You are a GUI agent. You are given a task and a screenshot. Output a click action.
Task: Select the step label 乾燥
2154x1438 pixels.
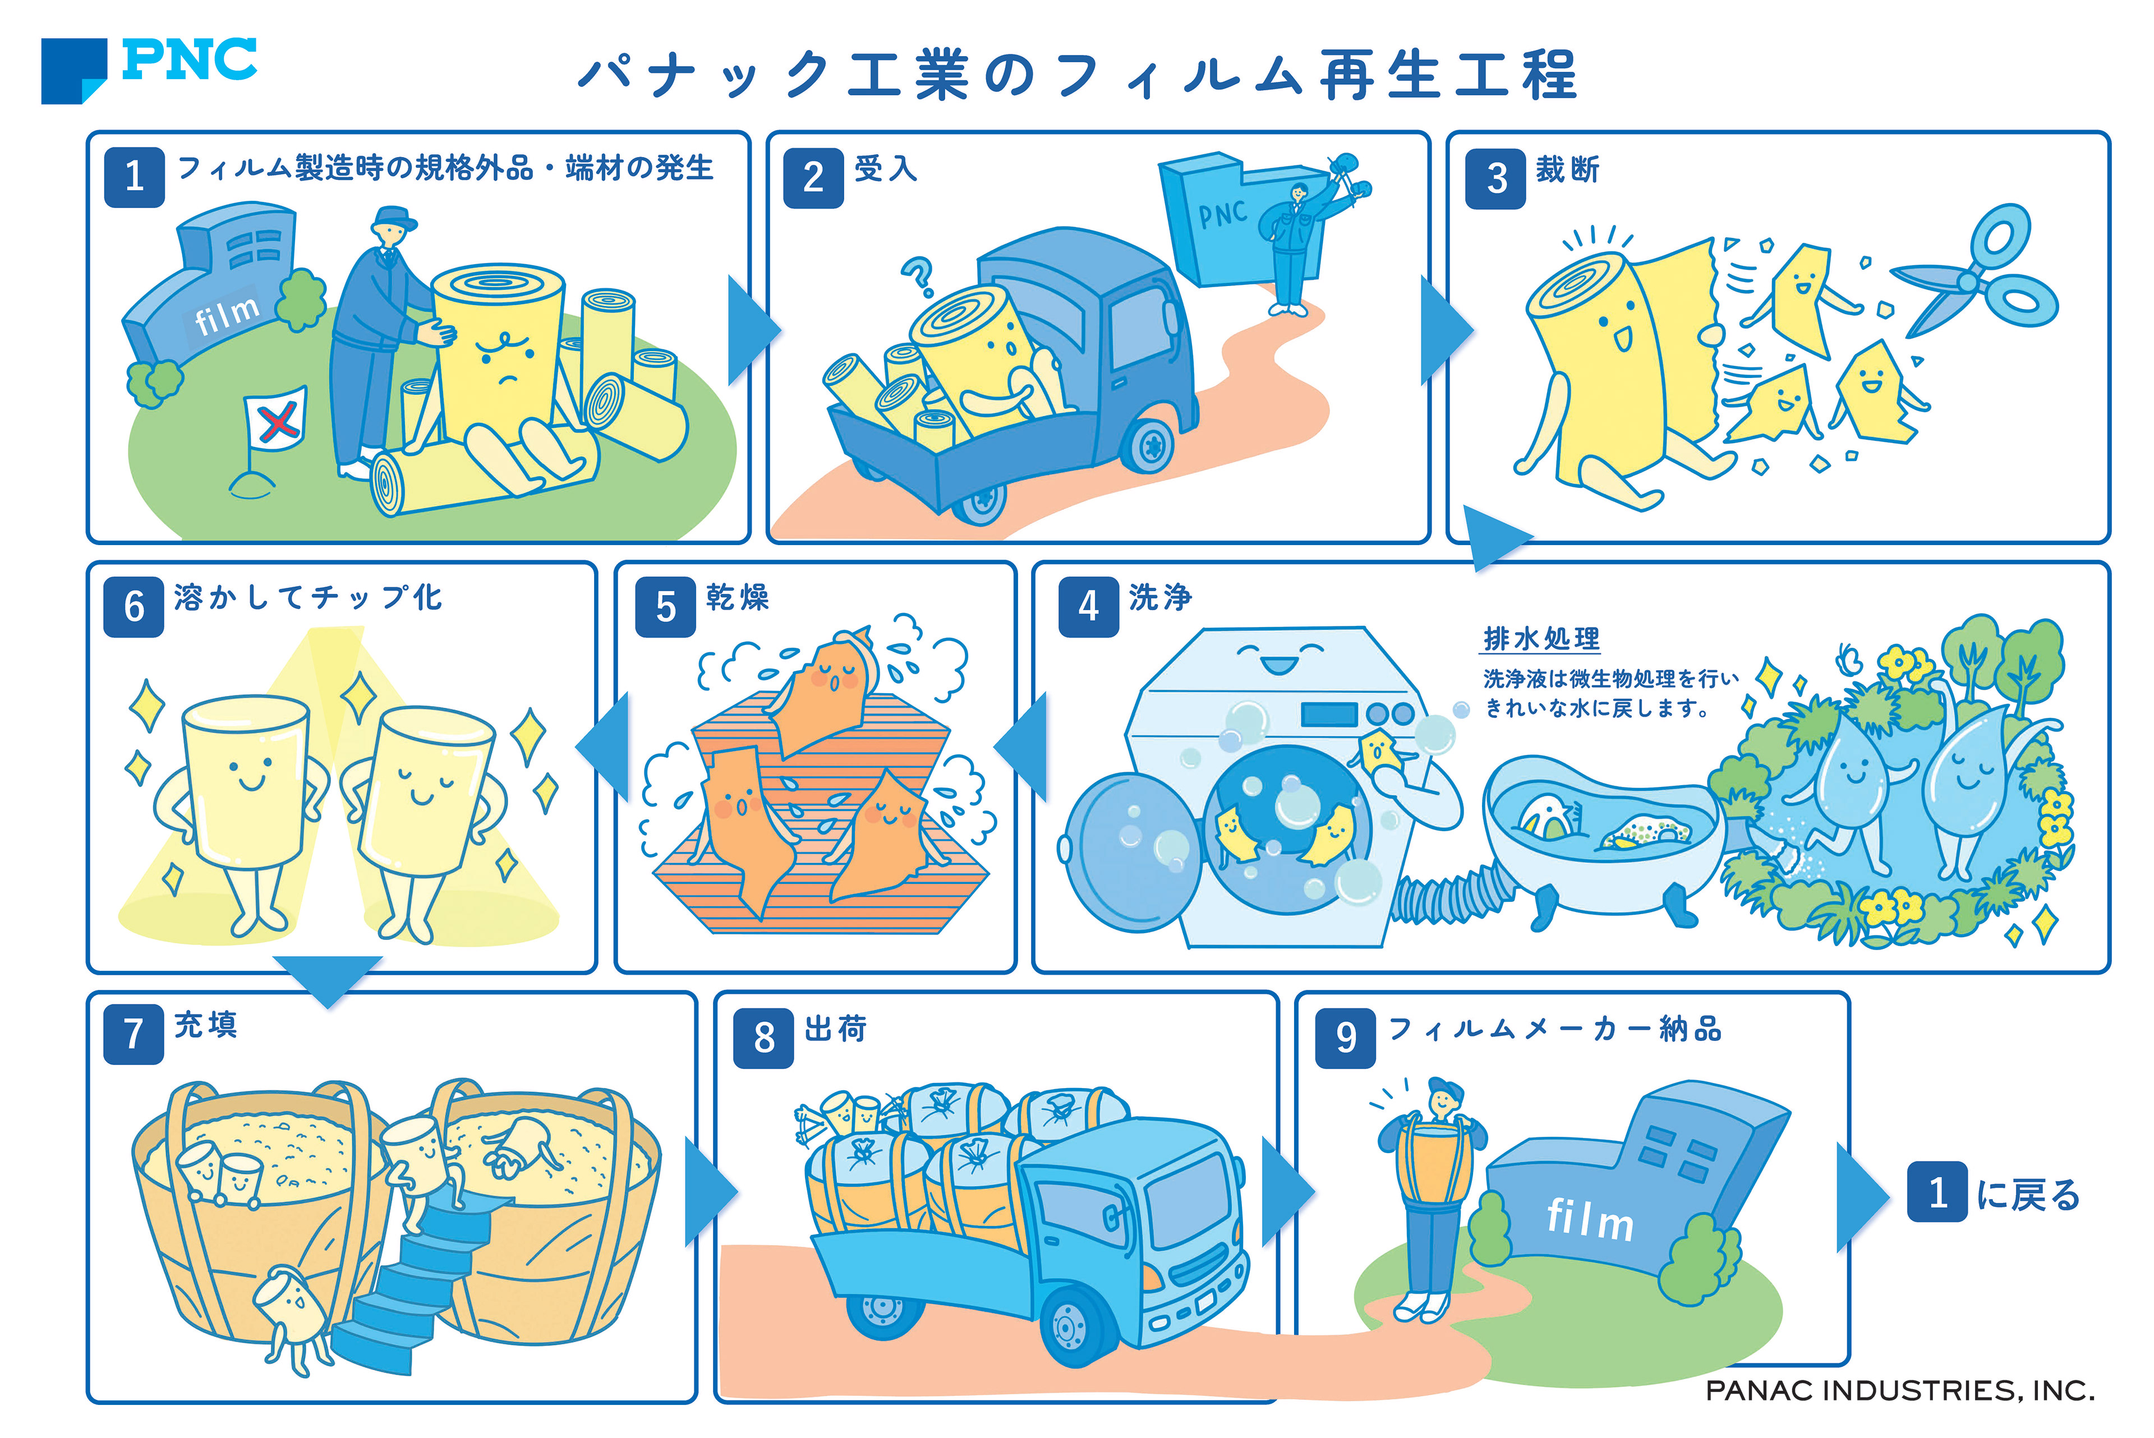(737, 598)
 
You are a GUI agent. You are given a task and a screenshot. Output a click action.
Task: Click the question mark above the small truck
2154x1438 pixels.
(918, 275)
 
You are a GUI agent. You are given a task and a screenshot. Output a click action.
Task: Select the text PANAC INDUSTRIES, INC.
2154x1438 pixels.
(1899, 1391)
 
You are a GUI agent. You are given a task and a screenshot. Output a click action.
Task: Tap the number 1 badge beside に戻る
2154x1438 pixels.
(1937, 1192)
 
